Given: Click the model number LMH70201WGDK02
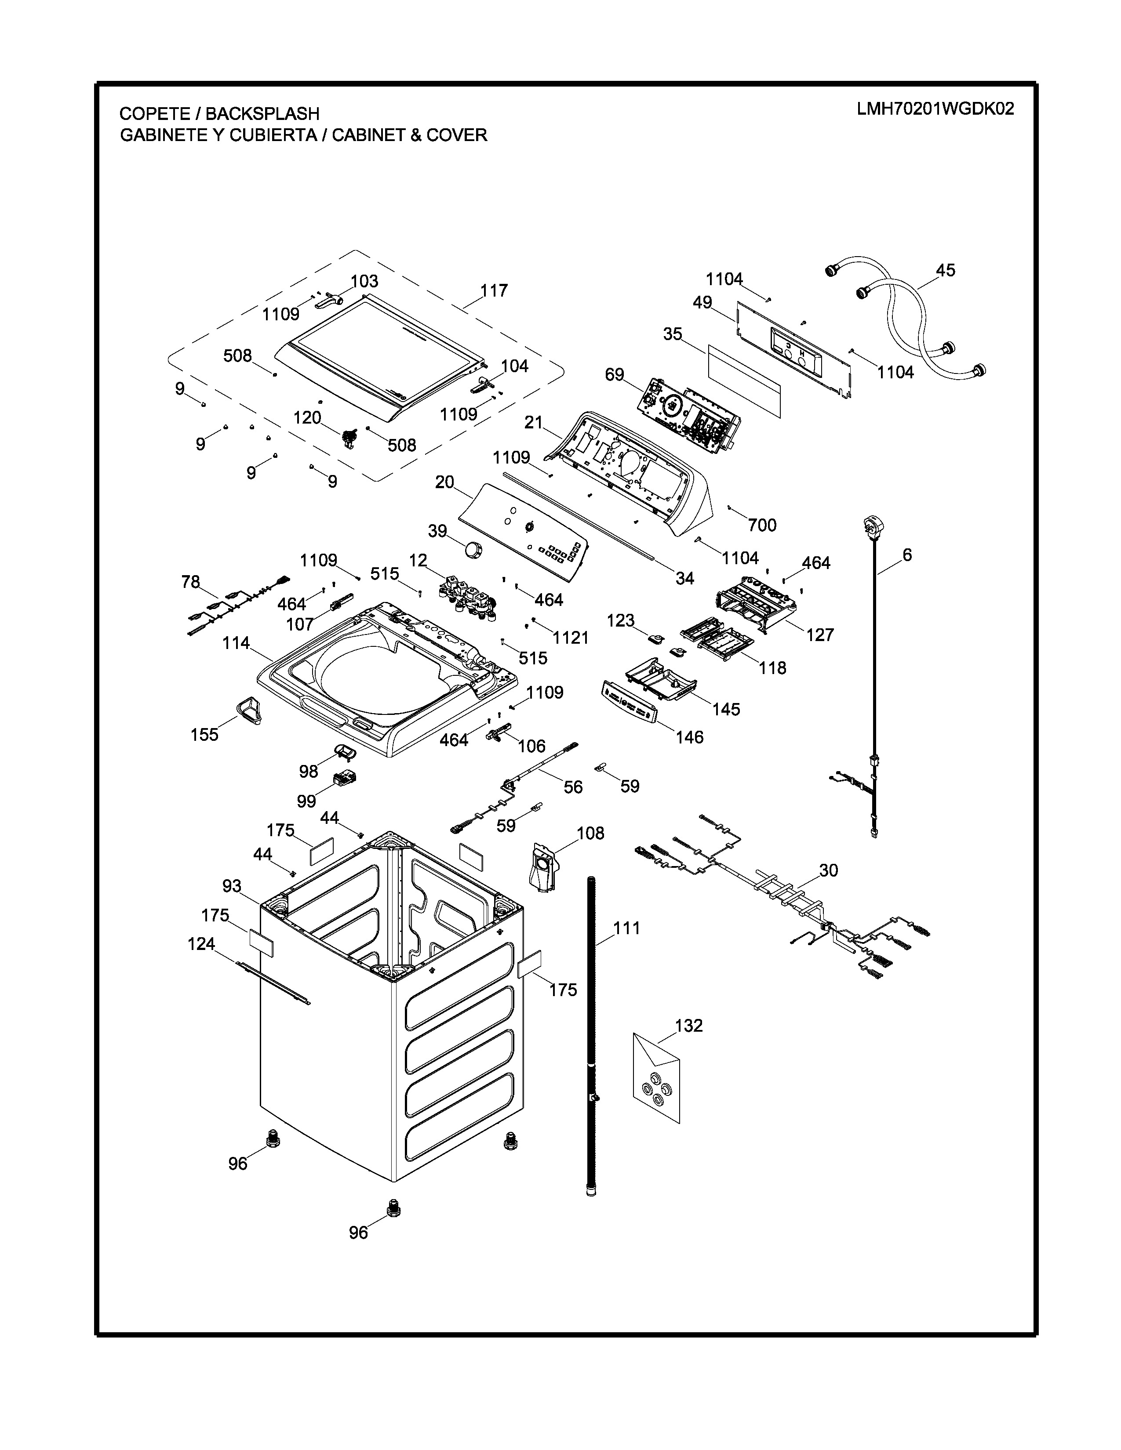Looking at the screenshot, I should click(x=935, y=109).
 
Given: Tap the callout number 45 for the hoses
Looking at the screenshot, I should click(x=945, y=270).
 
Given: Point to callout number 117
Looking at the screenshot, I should click(x=494, y=291).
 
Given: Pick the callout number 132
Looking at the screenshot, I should click(x=689, y=1026).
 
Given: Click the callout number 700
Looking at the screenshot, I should click(x=762, y=525).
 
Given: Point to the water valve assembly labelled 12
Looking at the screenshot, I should click(x=468, y=596).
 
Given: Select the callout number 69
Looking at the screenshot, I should click(x=614, y=374).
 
